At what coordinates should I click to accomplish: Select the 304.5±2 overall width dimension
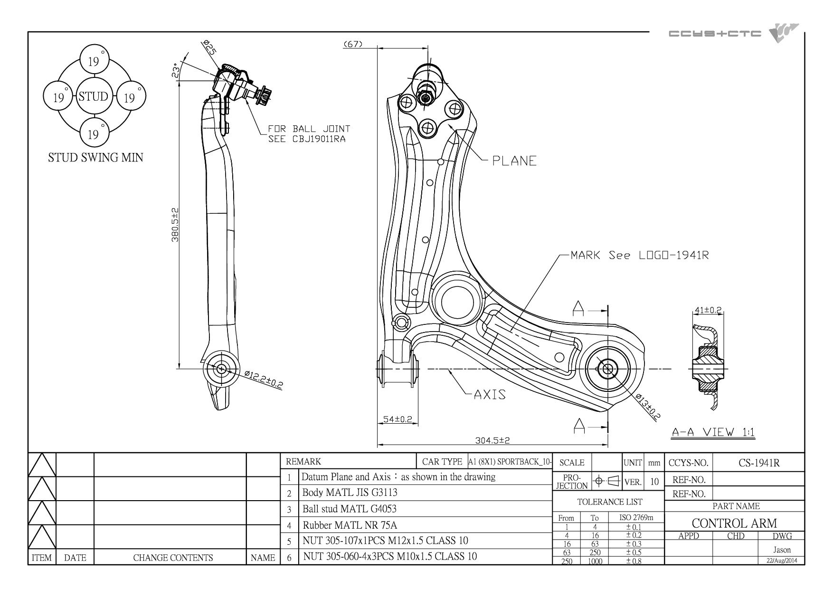tap(492, 440)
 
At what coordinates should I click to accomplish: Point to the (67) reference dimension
tap(352, 44)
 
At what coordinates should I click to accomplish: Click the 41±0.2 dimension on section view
tap(708, 310)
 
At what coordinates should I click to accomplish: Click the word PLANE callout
tap(514, 161)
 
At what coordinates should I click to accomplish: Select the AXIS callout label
tap(490, 394)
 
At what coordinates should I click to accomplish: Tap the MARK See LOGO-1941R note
tap(640, 255)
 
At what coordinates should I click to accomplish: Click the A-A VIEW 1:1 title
tap(713, 432)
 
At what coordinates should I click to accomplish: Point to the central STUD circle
tap(94, 97)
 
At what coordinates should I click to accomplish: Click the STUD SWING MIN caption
tap(95, 157)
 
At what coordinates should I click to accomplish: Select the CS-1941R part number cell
tap(759, 463)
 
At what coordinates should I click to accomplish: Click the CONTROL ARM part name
tap(734, 523)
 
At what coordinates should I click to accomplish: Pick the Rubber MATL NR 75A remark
tap(350, 525)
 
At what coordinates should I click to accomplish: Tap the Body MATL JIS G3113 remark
tap(350, 493)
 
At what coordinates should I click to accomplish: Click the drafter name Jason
tap(782, 550)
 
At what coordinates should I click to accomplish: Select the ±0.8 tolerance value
tap(634, 561)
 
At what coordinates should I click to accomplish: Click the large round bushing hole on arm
tap(457, 301)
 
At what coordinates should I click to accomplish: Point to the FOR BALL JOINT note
tap(309, 129)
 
